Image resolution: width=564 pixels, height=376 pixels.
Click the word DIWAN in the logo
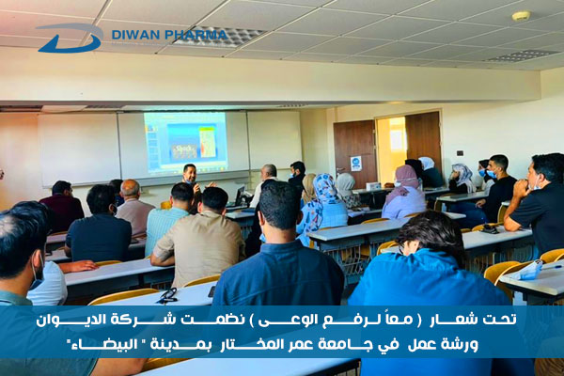coord(135,35)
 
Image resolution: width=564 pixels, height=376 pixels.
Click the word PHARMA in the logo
coord(196,35)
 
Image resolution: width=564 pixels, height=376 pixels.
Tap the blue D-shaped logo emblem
coord(70,38)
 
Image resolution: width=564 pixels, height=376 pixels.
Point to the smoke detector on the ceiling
coord(521,16)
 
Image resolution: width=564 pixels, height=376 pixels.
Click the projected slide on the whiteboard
coord(185,141)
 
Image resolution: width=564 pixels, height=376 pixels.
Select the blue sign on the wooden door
coord(355,164)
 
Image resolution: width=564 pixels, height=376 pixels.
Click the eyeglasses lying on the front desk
coord(167,296)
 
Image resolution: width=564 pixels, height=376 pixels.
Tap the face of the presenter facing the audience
coord(190,173)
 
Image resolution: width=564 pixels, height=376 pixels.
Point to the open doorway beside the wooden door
coord(391,150)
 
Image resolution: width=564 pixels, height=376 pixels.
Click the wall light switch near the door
coord(460,153)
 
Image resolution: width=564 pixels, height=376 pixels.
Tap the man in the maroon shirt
coord(62,205)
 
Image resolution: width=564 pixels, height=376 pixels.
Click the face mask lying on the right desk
coord(527,272)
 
